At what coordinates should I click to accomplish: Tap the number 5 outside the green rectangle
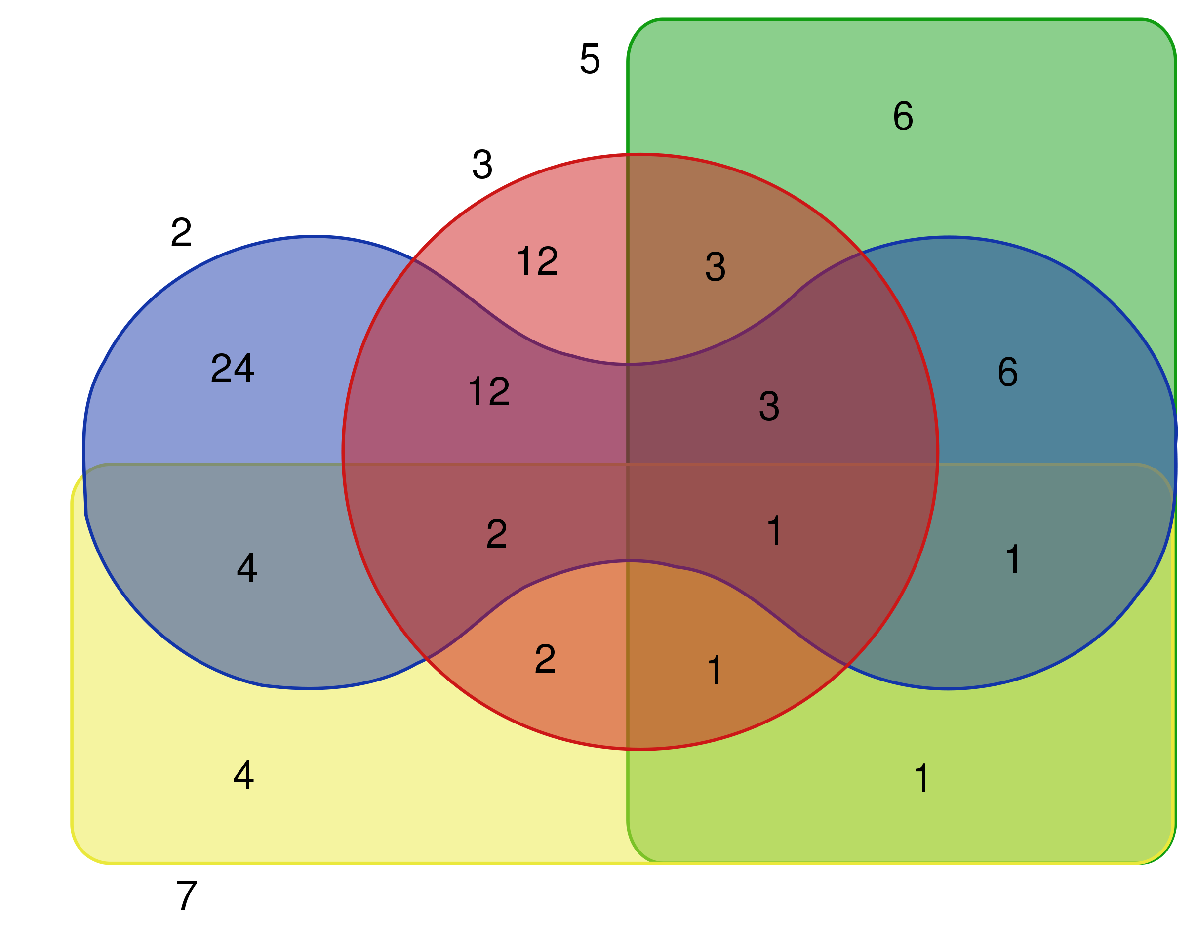point(590,59)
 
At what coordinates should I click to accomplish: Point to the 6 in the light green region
point(903,116)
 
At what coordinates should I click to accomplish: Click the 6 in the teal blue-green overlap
point(1008,372)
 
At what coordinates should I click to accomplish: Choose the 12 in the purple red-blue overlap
point(489,391)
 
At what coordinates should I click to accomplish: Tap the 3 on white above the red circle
point(482,164)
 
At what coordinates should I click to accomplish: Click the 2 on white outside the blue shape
point(181,232)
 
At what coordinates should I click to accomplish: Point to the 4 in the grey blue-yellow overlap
point(247,567)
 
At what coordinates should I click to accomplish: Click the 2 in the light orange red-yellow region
point(545,659)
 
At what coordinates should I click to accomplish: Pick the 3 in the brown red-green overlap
point(715,267)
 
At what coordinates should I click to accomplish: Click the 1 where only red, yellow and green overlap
point(715,670)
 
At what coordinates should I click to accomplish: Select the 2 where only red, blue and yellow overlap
point(497,534)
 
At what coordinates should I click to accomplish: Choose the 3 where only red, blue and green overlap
point(769,406)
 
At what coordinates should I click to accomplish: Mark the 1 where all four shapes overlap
point(774,530)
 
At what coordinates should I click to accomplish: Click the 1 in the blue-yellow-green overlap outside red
point(1012,559)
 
